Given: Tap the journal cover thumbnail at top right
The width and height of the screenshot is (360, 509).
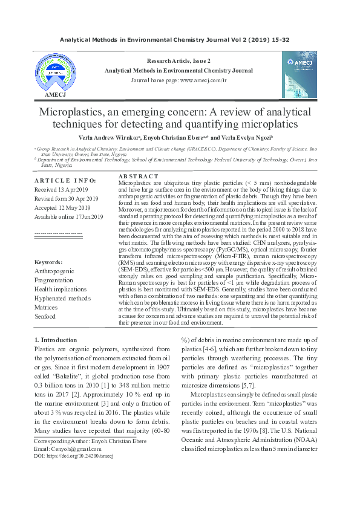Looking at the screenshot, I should [299, 74].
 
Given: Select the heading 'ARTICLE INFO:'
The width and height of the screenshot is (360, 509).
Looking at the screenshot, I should [65, 180].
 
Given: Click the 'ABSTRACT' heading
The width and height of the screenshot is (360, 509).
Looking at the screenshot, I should [137, 175].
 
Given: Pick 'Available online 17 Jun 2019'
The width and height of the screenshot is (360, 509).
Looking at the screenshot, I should [69, 216].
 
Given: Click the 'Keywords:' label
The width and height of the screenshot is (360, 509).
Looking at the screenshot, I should [48, 262].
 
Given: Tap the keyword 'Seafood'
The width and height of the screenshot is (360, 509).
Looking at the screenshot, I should [45, 316].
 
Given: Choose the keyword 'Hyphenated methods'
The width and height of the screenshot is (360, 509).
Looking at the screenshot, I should [63, 299].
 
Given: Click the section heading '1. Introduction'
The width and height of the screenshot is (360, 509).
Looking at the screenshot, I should [56, 340].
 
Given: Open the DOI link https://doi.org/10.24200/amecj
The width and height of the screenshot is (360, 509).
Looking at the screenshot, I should [74, 455].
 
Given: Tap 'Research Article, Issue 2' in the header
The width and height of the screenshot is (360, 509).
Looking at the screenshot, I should [179, 61].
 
